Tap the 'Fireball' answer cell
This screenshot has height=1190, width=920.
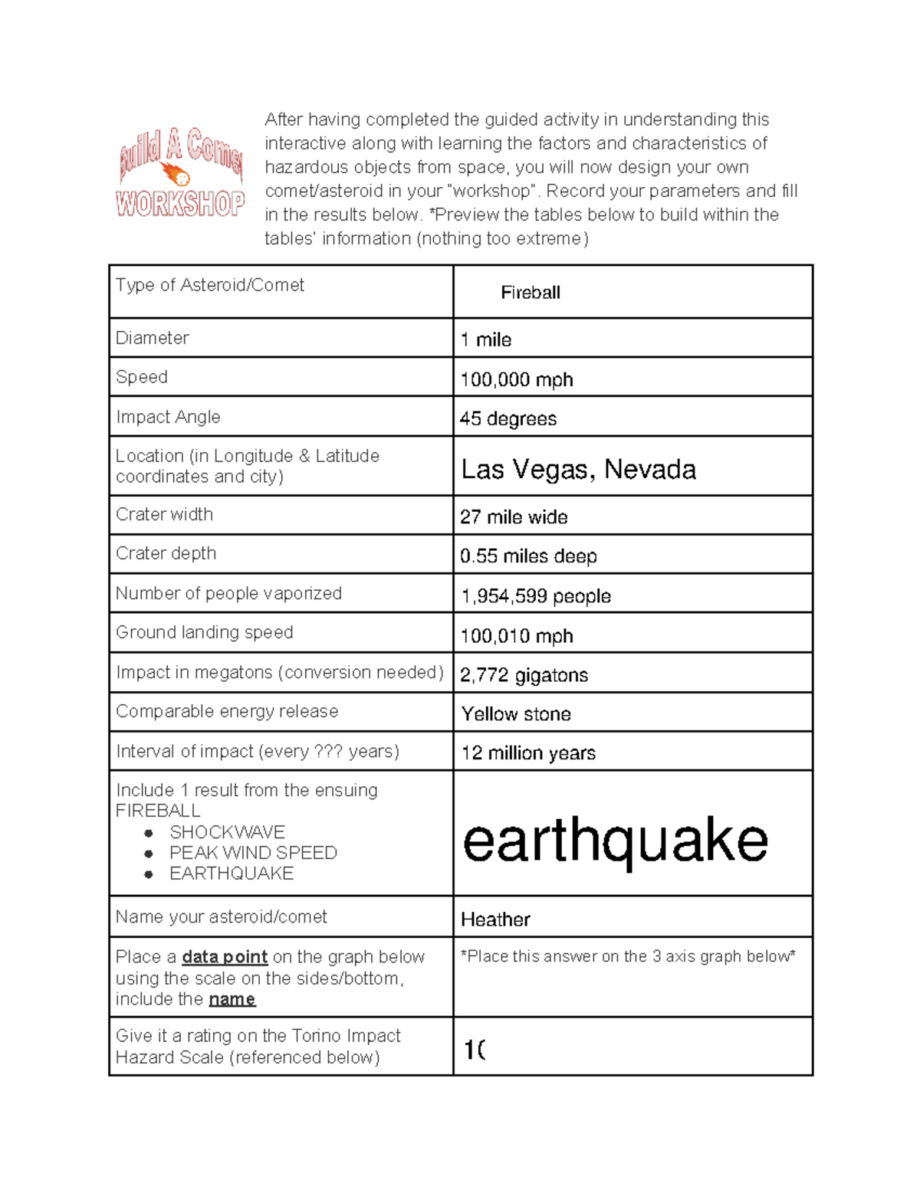click(x=530, y=293)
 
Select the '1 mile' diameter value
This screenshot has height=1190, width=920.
click(x=486, y=339)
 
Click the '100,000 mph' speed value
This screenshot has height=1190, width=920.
click(x=517, y=379)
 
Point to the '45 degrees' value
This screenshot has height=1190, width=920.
click(x=508, y=418)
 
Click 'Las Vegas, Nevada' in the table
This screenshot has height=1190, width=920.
click(x=578, y=469)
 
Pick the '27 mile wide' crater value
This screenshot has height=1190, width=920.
click(x=514, y=517)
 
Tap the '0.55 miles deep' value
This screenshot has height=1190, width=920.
click(x=528, y=556)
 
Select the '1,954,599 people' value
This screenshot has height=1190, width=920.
click(x=536, y=596)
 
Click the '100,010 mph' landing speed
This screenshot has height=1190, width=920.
click(x=517, y=636)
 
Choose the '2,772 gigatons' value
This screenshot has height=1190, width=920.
click(x=524, y=675)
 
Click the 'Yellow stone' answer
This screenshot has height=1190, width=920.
click(x=516, y=714)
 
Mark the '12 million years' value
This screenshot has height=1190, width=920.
click(x=528, y=753)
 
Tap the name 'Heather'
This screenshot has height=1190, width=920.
click(x=495, y=920)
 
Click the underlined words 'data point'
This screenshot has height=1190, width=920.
click(x=225, y=957)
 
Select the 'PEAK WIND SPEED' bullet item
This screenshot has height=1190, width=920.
click(x=253, y=853)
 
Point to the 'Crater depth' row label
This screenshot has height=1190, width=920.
click(x=166, y=553)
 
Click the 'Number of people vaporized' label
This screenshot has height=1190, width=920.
click(x=228, y=593)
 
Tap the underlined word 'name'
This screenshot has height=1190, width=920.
click(x=232, y=999)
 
